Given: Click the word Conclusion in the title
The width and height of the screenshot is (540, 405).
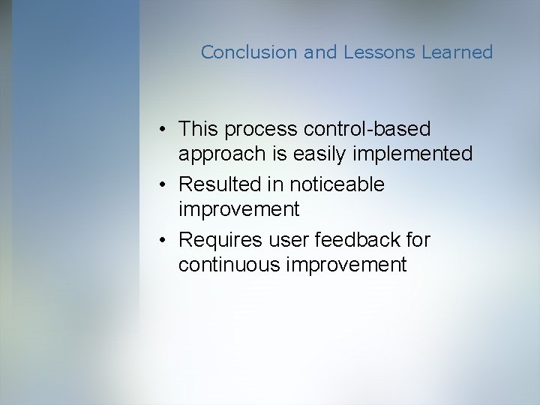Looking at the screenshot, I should click(250, 52).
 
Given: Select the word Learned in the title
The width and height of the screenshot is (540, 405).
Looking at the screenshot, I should click(457, 52).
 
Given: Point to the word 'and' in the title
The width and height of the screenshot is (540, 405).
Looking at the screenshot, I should click(321, 52).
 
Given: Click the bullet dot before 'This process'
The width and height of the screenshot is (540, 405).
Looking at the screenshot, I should click(163, 130).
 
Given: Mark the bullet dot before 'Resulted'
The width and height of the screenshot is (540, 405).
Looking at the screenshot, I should click(163, 184).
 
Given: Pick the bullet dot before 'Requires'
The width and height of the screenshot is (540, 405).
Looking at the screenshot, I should click(163, 240).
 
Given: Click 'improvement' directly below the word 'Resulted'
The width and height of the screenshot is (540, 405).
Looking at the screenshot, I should click(238, 209).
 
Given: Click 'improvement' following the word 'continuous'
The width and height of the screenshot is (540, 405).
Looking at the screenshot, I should click(347, 264).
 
